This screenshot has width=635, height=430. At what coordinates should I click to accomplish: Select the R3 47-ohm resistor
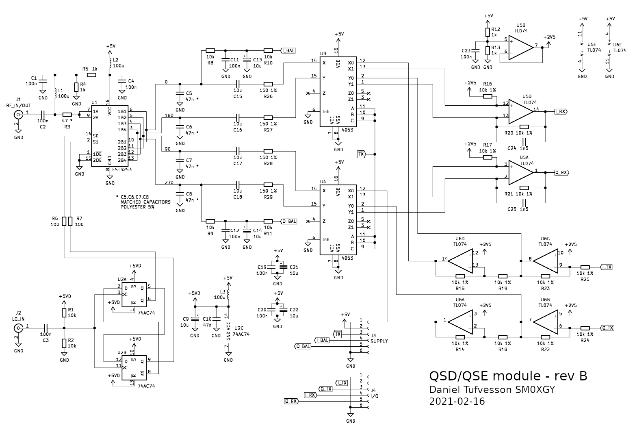tap(67, 115)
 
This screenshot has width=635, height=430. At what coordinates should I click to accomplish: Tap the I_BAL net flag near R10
tap(288, 50)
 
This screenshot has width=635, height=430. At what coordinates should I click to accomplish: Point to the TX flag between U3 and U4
tap(361, 154)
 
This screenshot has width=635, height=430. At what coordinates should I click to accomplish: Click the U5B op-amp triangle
tap(520, 47)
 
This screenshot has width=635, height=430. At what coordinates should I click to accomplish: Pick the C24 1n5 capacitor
tap(524, 141)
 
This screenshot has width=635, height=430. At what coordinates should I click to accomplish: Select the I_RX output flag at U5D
tap(561, 111)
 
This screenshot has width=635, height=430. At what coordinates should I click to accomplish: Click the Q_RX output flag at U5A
tap(561, 172)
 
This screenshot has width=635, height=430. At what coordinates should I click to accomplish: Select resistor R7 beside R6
tap(70, 221)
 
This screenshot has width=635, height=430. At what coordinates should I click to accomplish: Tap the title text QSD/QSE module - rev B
tap(508, 376)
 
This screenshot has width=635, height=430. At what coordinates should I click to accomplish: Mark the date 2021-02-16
tap(457, 402)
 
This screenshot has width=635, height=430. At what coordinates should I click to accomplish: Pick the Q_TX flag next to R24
tap(607, 328)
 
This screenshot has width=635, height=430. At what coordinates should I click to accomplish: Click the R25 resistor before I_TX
tap(585, 267)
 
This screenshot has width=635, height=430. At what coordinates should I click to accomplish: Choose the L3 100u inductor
tap(228, 294)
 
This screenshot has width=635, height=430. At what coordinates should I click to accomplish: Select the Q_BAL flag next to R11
tap(289, 221)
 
